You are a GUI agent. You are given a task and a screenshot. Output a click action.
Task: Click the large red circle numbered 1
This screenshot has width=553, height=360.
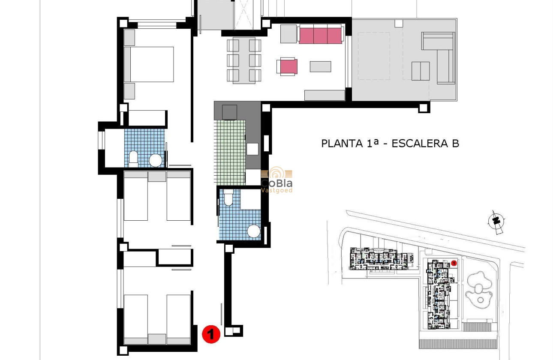[x=210, y=334]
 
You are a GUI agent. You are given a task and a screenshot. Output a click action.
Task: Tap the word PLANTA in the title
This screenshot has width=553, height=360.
[x=341, y=143]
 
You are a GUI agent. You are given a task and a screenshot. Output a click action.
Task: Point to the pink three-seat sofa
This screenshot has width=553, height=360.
[x=320, y=35]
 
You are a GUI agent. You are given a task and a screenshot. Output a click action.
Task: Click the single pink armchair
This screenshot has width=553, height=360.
[x=287, y=67]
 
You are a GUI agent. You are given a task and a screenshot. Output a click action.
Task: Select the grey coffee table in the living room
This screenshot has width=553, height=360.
[x=320, y=66]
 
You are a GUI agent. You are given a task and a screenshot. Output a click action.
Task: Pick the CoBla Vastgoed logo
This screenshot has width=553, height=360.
[x=277, y=180]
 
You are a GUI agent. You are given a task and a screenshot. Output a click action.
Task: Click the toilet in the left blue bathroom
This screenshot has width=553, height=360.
[x=133, y=159]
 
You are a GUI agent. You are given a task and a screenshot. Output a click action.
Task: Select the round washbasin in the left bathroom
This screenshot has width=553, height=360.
[x=155, y=161]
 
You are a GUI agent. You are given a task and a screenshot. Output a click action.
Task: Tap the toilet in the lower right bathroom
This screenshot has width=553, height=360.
[x=228, y=198]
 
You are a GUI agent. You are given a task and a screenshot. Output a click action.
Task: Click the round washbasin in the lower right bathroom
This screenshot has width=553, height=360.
[x=254, y=231]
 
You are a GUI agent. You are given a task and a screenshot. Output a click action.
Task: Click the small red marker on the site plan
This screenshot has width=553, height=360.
[x=454, y=263]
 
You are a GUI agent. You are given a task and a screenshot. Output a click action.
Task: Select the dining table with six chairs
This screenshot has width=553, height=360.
[x=244, y=60]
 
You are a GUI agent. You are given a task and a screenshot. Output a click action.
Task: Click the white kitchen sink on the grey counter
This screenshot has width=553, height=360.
[x=252, y=149]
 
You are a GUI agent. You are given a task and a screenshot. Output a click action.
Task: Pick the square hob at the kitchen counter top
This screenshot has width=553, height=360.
[x=229, y=112]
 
